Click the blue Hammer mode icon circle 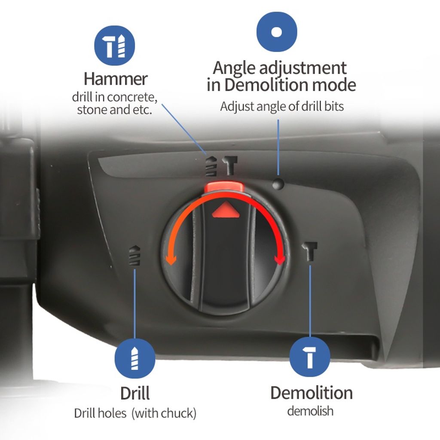114,46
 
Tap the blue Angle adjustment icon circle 277,32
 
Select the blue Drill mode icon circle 135,358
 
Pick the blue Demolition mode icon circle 310,357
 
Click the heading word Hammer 116,79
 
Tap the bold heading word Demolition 312,393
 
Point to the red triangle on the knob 226,211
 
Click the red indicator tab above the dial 224,187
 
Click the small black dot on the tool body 278,184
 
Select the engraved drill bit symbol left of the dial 134,255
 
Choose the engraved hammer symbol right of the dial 310,251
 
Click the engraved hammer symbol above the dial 230,165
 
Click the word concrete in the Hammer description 131,97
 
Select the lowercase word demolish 310,411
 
